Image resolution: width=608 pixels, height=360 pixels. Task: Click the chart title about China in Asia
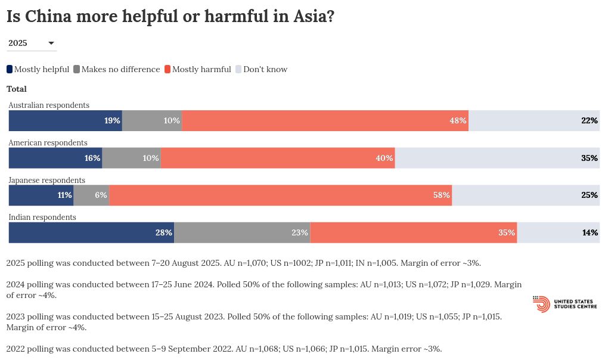coord(170,17)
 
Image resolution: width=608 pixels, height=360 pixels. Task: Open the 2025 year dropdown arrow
coord(51,43)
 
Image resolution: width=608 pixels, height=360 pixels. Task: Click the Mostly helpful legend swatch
coord(10,69)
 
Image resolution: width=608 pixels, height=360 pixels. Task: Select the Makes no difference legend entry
coord(116,69)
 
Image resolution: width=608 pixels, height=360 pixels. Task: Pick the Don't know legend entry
coord(262,69)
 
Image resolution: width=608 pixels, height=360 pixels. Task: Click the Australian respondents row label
coord(49,105)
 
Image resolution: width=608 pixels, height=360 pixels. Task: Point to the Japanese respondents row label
coord(47,180)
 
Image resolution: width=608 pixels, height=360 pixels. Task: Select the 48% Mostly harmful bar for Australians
coord(325,120)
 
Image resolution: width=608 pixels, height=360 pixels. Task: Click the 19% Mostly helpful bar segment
coord(65,120)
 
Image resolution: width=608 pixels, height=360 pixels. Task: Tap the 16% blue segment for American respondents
coord(55,158)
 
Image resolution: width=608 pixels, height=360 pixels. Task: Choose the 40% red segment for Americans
coord(278,158)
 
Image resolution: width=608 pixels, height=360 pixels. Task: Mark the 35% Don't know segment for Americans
coord(497,158)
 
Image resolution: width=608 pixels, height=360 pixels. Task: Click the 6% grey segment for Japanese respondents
coord(91,195)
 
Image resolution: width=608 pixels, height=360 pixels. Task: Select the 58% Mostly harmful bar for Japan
coord(280,195)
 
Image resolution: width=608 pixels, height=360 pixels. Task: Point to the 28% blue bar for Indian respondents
coord(91,232)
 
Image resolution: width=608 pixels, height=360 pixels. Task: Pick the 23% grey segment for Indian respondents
coord(242,232)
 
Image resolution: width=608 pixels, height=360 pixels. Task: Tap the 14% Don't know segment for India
coord(558,232)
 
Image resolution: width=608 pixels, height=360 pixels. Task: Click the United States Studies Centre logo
coord(564,304)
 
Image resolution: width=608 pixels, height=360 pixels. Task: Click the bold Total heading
coord(17,89)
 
